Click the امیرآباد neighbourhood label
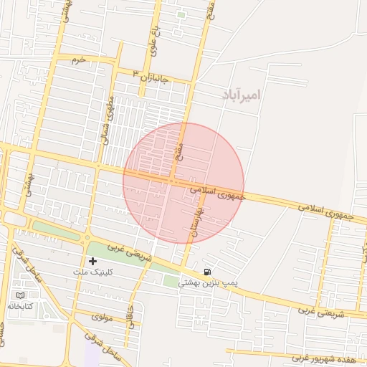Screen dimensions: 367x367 pyautogui.click(x=239, y=94)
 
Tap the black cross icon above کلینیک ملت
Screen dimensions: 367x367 pyautogui.click(x=92, y=260)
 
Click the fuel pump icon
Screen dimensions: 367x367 pyautogui.click(x=207, y=272)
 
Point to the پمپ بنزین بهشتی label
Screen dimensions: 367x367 pyautogui.click(x=208, y=284)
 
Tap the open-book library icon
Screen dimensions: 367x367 pyautogui.click(x=19, y=295)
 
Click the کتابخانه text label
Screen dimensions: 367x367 pyautogui.click(x=22, y=307)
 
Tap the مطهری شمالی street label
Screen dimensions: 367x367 pyautogui.click(x=108, y=120)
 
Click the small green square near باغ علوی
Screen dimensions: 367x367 pyautogui.click(x=181, y=14)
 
